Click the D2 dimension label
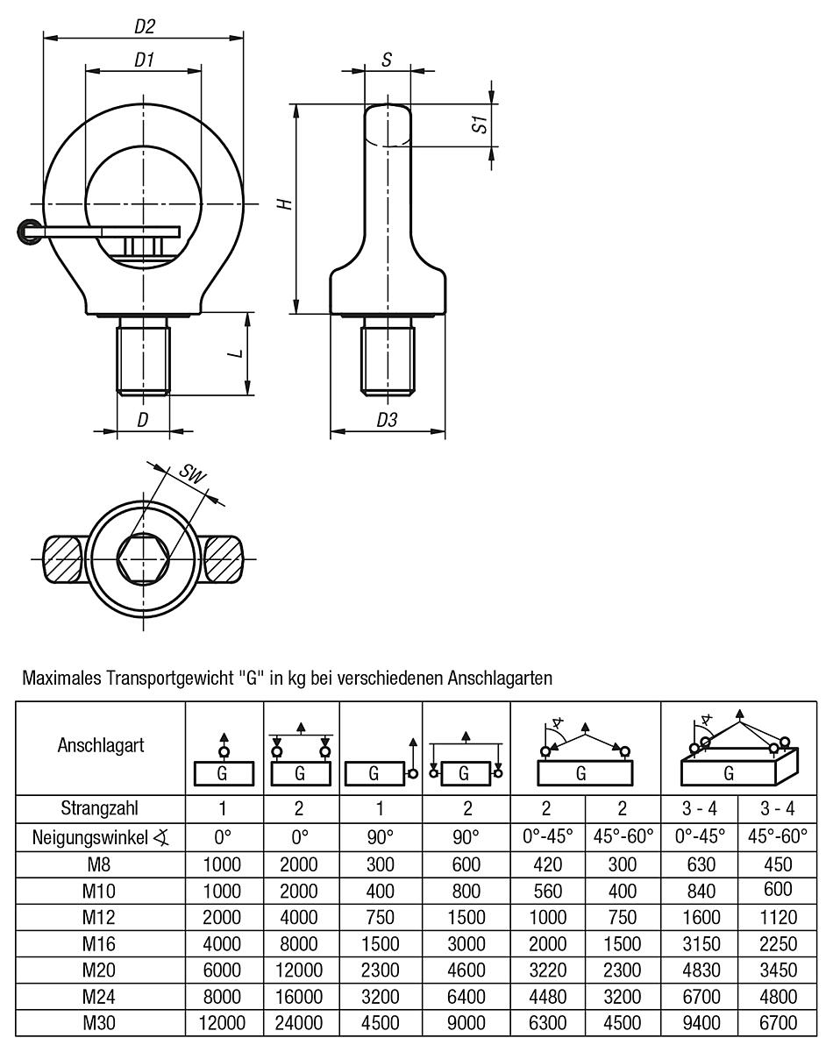tap(145, 27)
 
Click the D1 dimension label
tap(145, 61)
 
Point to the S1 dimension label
tap(479, 124)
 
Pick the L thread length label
tap(234, 352)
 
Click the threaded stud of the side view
tap(387, 358)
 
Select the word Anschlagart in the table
tap(101, 746)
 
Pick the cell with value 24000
tap(300, 1022)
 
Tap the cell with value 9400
tap(699, 1022)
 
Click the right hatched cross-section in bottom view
tap(224, 557)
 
